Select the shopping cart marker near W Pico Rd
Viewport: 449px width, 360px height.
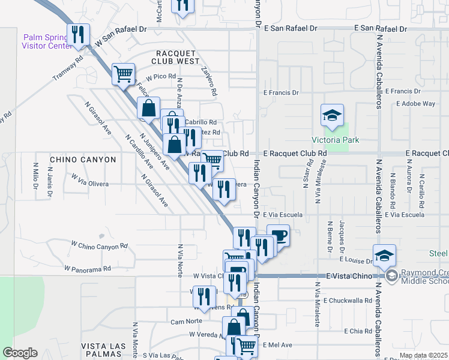tap(123, 74)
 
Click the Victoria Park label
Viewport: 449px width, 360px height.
tap(331, 140)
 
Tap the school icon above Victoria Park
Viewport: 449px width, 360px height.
tap(331, 115)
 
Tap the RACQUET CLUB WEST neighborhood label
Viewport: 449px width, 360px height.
tap(176, 57)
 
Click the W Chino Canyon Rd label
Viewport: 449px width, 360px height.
tap(99, 245)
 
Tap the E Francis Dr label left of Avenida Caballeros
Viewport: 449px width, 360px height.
tap(282, 92)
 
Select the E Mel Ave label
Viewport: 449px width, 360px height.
tap(277, 345)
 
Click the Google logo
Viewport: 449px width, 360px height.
tap(20, 353)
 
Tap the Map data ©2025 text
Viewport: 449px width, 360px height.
tap(423, 355)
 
